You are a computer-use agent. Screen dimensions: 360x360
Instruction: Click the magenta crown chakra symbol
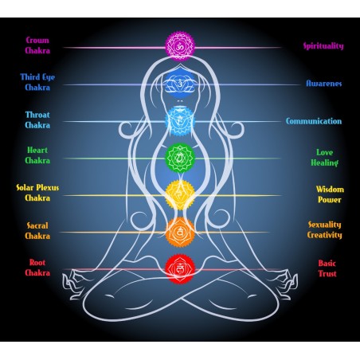pos(179,46)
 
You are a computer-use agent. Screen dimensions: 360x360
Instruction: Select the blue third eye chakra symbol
pos(180,83)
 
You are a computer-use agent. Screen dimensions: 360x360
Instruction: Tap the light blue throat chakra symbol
pos(180,121)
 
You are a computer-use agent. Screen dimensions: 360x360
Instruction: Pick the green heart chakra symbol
pos(180,158)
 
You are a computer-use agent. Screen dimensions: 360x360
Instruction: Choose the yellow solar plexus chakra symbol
pos(180,194)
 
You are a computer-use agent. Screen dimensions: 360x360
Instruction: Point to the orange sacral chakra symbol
pos(180,231)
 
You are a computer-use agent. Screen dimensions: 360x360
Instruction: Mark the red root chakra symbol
pos(180,268)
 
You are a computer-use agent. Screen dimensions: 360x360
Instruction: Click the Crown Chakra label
pos(37,45)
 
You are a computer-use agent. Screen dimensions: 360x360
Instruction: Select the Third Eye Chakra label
pos(37,82)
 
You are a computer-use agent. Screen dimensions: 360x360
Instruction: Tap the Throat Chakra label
pos(37,119)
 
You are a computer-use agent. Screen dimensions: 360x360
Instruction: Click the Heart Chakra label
pos(37,155)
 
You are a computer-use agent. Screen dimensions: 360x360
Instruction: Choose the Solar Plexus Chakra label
pos(37,193)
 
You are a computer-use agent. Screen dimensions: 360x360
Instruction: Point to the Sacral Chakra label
pos(37,230)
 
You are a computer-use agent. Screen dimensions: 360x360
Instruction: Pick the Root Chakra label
pos(37,267)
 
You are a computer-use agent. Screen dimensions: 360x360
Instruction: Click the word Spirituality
pos(323,46)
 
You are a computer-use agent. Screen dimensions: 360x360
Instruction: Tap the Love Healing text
pos(324,157)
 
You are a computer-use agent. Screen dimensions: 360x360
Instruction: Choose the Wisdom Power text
pos(330,194)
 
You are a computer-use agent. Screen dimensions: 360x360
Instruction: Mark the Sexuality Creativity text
pos(324,231)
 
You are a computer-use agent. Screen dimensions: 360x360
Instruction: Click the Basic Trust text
pos(327,268)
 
